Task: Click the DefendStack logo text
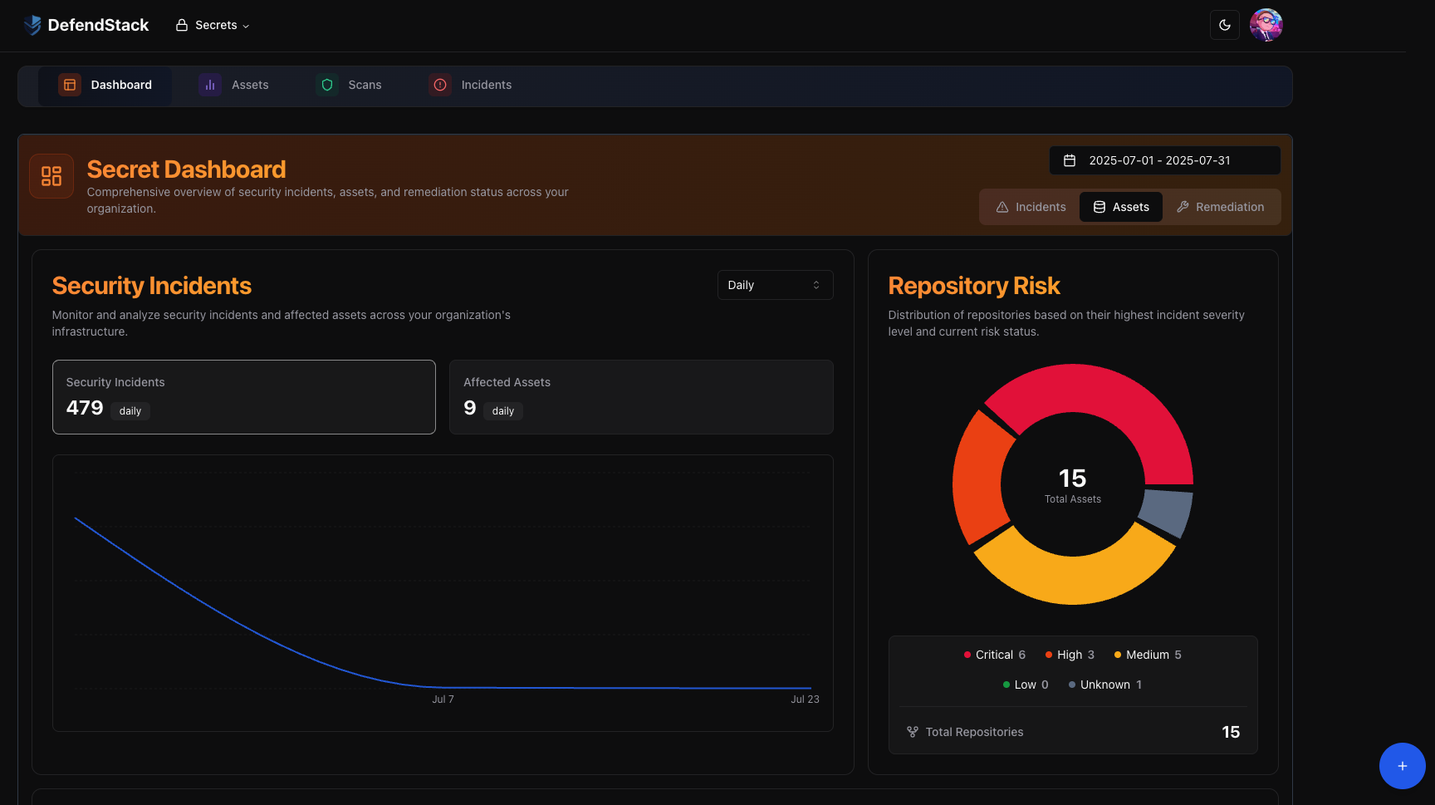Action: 97,25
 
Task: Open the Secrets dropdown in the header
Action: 213,25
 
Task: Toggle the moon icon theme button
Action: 1224,25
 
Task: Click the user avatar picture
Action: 1266,25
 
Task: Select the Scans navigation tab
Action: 350,85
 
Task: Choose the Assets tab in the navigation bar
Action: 234,85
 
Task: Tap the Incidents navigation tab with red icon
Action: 471,85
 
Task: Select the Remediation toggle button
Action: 1220,207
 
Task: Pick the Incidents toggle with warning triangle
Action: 1031,207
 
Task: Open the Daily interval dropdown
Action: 774,285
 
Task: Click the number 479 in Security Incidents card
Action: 85,408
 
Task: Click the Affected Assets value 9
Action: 470,408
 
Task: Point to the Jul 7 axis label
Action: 443,699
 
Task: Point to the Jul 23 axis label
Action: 805,699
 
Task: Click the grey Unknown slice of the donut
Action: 1166,512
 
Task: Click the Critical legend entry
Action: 994,655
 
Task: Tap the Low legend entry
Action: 1025,685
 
